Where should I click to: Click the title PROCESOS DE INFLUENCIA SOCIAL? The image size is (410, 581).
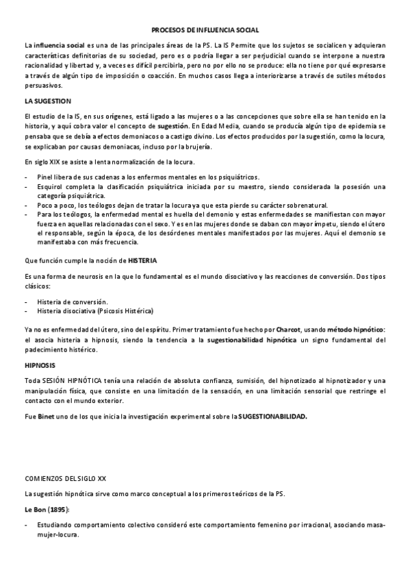pos(205,31)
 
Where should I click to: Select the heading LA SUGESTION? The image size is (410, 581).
pos(47,101)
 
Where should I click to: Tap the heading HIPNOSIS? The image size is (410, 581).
pos(40,366)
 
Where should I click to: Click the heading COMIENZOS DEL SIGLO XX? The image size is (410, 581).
pos(65,479)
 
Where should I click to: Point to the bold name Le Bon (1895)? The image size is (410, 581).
pos(47,510)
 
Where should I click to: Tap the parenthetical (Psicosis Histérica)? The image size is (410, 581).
pos(125,310)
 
